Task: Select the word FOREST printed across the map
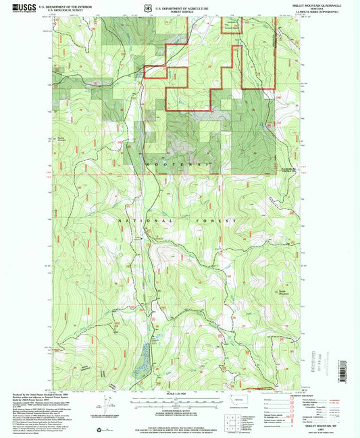click(x=219, y=221)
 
